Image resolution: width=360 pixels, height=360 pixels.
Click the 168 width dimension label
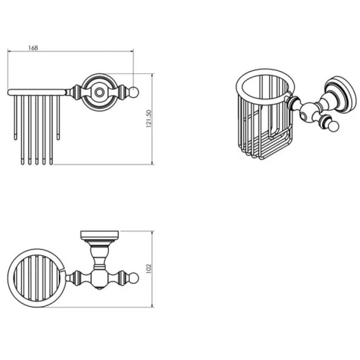tap(33, 48)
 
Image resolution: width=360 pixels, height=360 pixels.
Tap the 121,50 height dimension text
tap(149, 119)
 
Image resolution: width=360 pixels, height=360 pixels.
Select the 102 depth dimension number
tap(149, 269)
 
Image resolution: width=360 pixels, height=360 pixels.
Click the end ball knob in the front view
tap(134, 93)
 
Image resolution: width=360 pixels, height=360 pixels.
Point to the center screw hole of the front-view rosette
tap(99, 93)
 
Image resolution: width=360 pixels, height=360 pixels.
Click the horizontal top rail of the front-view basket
tap(37, 93)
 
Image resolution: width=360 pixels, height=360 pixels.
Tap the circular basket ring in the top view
tap(11, 278)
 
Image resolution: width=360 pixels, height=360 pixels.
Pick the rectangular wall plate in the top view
tap(100, 235)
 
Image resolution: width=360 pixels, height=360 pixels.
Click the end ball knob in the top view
tap(134, 278)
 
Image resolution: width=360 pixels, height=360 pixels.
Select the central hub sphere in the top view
tap(100, 278)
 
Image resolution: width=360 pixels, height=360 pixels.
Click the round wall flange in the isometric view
tap(342, 94)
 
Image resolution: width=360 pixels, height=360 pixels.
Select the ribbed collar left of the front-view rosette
tap(76, 93)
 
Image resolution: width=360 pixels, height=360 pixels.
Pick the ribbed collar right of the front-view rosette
tap(122, 93)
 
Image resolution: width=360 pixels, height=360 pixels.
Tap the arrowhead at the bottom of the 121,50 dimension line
tap(152, 163)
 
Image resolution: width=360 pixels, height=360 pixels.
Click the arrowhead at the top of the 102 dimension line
tap(152, 233)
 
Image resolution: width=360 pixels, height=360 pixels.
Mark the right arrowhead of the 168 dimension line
tap(132, 51)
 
